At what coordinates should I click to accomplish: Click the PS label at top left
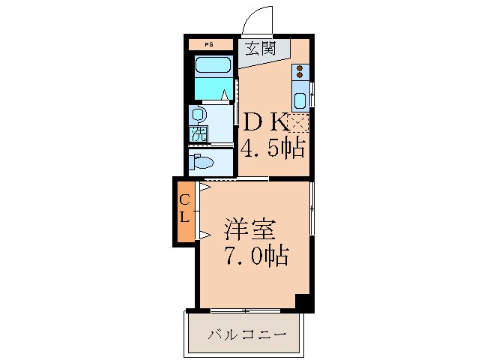209,45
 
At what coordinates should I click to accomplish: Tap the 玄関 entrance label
261,48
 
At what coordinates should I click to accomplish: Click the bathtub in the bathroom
213,64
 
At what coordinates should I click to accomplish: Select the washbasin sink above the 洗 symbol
198,115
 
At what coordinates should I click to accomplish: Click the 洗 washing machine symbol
198,134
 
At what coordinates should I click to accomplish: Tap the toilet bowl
202,162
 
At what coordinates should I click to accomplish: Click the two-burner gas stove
300,72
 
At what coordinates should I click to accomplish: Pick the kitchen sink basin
300,100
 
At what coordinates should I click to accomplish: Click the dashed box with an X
298,123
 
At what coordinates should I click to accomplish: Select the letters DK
264,122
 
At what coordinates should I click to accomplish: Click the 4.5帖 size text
273,148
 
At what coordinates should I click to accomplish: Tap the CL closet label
184,208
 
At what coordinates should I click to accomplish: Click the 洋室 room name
250,229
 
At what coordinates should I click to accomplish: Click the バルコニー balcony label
247,335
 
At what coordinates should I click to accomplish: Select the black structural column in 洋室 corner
303,302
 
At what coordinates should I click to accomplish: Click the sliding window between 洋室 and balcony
246,311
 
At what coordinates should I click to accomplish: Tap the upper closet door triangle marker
205,187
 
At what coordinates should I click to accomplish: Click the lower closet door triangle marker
205,235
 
